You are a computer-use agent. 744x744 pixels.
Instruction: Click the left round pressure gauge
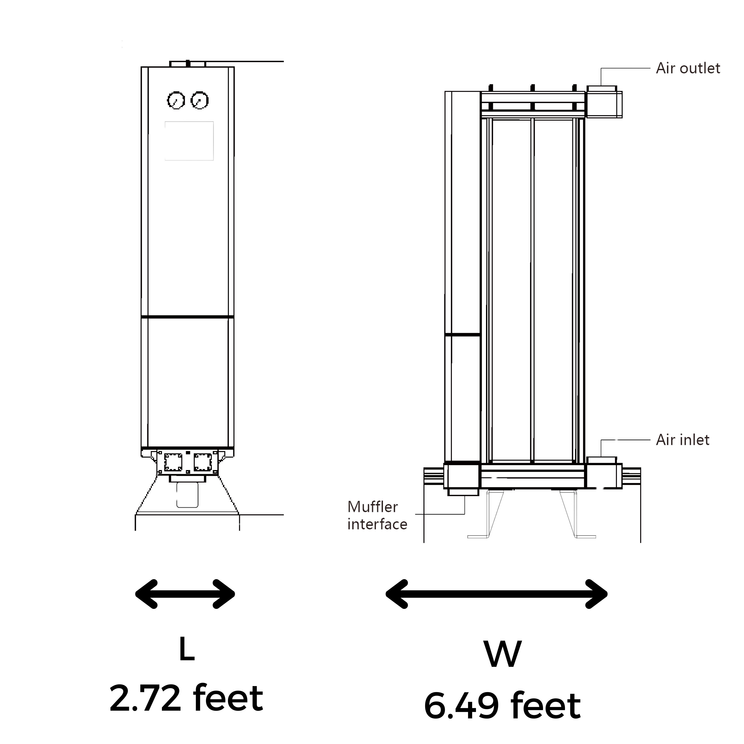176,101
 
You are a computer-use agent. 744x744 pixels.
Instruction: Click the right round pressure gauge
199,101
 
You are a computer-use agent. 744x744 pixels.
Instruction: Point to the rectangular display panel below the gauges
189,141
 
